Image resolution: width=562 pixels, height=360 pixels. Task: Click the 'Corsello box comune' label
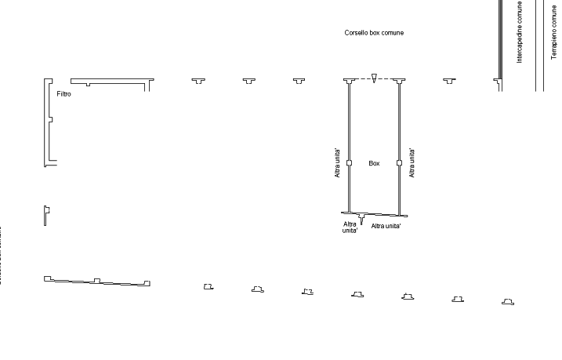(x=374, y=33)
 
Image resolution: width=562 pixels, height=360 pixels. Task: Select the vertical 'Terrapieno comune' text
(x=553, y=32)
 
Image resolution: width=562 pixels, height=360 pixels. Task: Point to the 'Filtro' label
(x=64, y=94)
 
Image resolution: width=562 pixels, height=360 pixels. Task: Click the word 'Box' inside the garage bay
(x=375, y=164)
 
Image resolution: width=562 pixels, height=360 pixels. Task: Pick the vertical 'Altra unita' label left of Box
(x=337, y=163)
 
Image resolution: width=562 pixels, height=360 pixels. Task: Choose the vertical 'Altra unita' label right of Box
(x=412, y=163)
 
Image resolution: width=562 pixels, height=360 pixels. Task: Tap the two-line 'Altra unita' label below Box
(x=350, y=227)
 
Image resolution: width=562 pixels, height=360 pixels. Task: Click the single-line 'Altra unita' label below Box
(x=386, y=226)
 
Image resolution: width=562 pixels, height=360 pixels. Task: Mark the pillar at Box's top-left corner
(x=349, y=81)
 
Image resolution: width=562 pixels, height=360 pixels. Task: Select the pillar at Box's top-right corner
(x=400, y=81)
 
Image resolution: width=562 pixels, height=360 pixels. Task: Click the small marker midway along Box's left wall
(x=349, y=163)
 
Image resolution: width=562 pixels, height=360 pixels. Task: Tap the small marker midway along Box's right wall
(x=400, y=163)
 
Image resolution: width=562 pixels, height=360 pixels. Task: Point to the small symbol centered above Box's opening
(x=375, y=78)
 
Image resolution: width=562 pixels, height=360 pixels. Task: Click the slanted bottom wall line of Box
(x=374, y=213)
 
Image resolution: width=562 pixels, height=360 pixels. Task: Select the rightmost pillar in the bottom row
(x=507, y=301)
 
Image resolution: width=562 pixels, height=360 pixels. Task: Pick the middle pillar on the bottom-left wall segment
(x=96, y=281)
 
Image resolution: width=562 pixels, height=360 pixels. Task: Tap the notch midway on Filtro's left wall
(x=50, y=120)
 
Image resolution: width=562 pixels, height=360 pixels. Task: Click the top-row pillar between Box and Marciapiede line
(x=449, y=81)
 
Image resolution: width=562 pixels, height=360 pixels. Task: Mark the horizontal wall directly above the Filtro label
(x=110, y=80)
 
